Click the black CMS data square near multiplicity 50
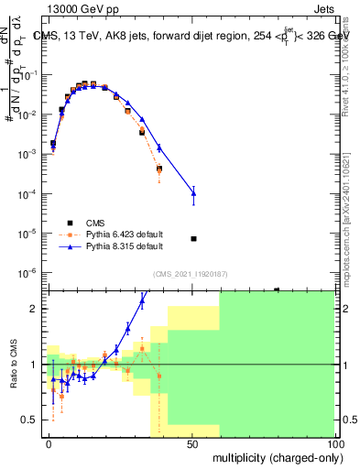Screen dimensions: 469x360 193,239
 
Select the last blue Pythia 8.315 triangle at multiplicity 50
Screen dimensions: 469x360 193,191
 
